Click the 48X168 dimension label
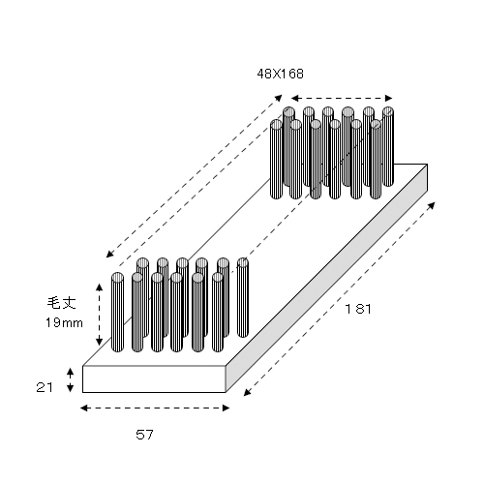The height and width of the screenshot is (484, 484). [x=280, y=74]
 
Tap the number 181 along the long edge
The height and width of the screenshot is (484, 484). [x=358, y=309]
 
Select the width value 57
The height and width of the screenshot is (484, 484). [x=144, y=435]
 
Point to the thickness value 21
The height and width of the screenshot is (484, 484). [x=45, y=387]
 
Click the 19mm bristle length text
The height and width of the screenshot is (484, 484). [x=64, y=322]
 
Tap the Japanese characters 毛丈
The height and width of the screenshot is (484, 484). [x=61, y=303]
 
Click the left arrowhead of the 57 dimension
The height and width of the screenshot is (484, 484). [x=84, y=408]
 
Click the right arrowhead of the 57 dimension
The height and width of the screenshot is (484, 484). [x=226, y=408]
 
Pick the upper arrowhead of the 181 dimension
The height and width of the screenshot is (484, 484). [x=432, y=205]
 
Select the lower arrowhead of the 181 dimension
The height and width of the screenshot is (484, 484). [x=247, y=392]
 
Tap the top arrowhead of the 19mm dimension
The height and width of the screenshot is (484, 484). [x=100, y=287]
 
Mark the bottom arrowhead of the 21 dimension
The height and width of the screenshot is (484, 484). [x=70, y=388]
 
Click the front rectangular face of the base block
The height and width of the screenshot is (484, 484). [x=154, y=379]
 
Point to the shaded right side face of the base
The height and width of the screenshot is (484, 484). [x=326, y=279]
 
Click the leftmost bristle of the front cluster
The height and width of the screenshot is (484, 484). [x=117, y=312]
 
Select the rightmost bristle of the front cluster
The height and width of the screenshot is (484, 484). [x=243, y=297]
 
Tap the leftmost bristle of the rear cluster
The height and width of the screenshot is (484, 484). [x=276, y=159]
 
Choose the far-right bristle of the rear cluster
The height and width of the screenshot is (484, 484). [x=388, y=147]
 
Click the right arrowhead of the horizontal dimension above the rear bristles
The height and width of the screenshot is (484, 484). [x=388, y=98]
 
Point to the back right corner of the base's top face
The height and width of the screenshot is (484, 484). [x=427, y=165]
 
